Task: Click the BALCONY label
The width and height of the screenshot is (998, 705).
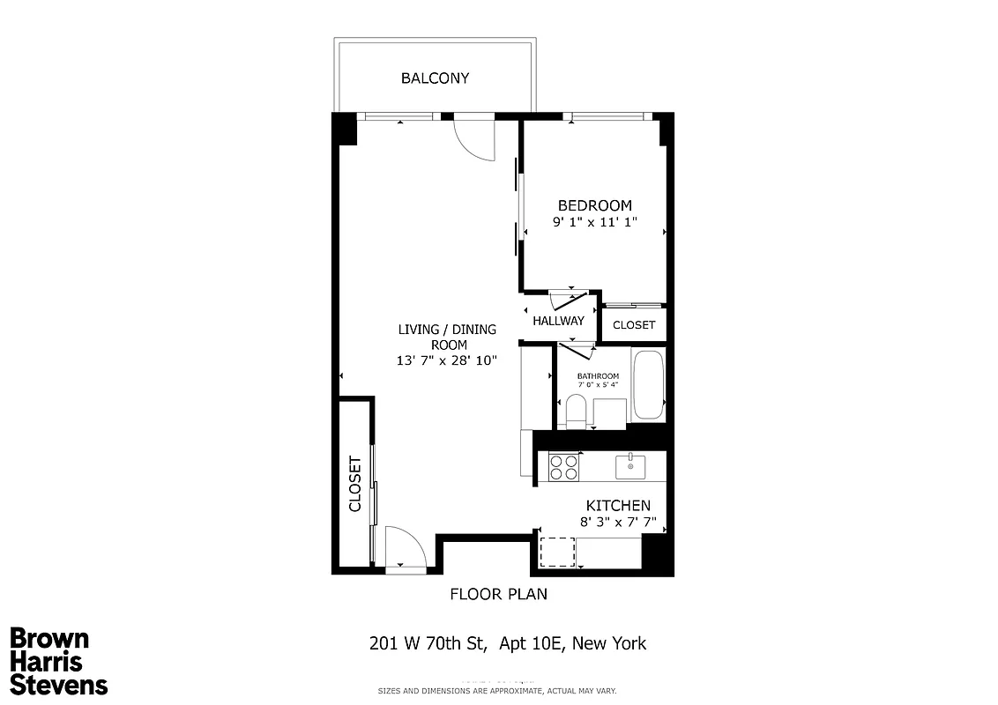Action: coord(435,78)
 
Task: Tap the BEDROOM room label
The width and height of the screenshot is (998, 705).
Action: coord(594,205)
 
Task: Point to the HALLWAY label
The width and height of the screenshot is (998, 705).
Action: coord(558,321)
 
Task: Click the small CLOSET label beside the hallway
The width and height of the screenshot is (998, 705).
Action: coord(634,325)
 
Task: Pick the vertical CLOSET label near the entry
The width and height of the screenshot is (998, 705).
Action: coord(355,484)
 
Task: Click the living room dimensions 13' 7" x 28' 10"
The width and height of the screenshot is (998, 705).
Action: coord(449,360)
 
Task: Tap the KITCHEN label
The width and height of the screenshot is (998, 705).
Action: coord(618,506)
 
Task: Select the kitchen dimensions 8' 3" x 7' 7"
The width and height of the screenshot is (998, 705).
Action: coord(618,522)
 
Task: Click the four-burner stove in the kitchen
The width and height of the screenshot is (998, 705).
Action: coord(563,466)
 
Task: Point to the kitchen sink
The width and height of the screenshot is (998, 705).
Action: coord(630,466)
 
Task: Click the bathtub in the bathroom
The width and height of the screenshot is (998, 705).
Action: coord(648,387)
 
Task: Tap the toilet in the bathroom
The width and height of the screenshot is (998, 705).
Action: coord(576,412)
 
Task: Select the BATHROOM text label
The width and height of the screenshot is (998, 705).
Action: coord(598,376)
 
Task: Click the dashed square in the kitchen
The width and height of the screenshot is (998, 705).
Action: coord(557,553)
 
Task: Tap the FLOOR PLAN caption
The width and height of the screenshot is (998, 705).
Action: coord(498,594)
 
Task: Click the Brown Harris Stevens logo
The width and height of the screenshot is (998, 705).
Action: coord(58,662)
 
